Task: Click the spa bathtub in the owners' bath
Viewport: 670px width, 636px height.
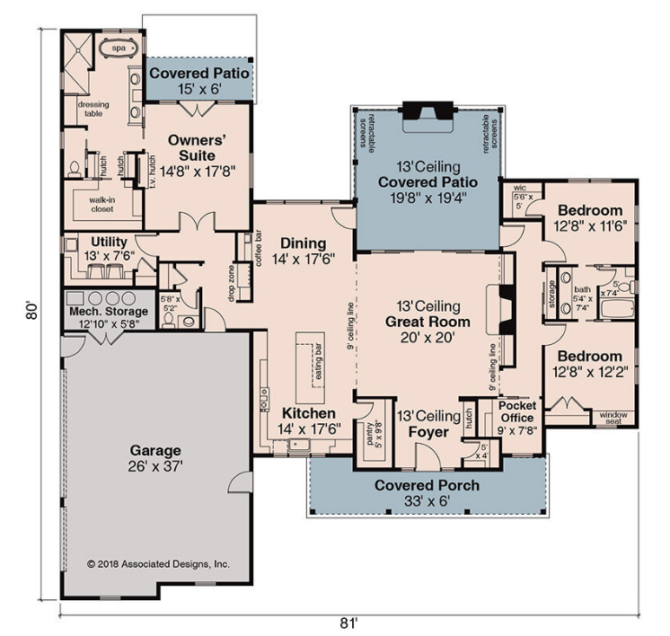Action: [x=119, y=49]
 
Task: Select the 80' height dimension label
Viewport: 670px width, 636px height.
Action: [x=32, y=311]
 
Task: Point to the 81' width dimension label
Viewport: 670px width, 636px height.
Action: [x=348, y=623]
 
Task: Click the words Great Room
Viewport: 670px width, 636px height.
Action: [x=428, y=322]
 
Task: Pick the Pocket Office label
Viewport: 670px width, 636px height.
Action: [x=517, y=411]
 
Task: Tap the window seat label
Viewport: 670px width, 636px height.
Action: [x=613, y=418]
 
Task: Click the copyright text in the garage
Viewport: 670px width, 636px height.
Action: [x=158, y=564]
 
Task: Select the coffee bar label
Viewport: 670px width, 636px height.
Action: [x=259, y=248]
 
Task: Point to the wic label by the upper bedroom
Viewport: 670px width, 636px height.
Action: [x=520, y=188]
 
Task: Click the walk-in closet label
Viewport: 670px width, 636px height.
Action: [x=101, y=204]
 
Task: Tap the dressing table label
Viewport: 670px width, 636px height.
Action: [x=93, y=109]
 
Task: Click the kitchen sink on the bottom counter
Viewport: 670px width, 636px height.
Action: [x=299, y=445]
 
